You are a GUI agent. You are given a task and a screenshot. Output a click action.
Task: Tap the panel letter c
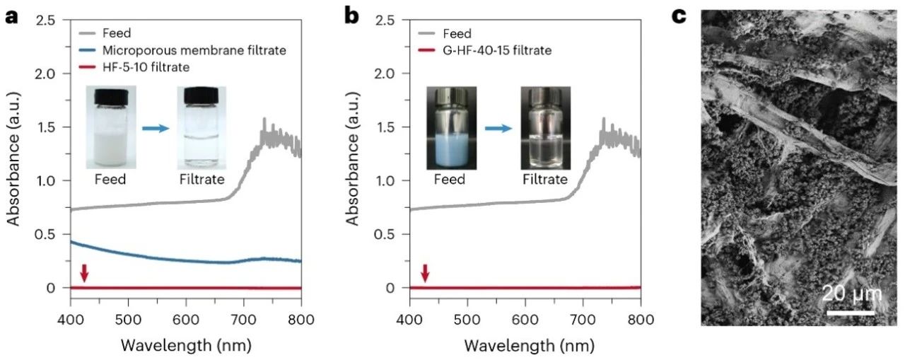tap(679, 16)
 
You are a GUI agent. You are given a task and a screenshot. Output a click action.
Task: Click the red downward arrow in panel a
tap(84, 272)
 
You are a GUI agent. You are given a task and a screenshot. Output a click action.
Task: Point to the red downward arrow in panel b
tap(425, 272)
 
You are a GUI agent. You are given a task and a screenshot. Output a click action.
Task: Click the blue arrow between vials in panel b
tap(498, 130)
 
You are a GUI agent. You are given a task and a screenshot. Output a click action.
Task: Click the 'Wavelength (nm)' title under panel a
tap(186, 346)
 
